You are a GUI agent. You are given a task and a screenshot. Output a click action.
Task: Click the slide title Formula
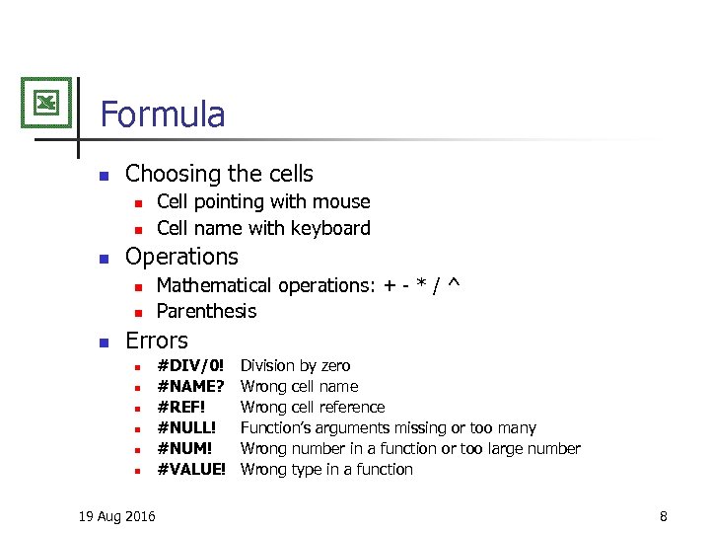163,114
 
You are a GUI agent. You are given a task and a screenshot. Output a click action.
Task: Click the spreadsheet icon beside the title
46,102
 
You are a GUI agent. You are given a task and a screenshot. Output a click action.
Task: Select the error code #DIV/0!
191,366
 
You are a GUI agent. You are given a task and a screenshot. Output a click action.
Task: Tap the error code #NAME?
191,387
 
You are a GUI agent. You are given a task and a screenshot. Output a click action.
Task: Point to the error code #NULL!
186,428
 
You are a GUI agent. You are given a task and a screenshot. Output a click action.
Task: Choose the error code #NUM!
185,449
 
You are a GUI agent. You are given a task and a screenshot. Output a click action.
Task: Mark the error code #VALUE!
192,470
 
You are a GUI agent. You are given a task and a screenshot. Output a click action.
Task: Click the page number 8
664,516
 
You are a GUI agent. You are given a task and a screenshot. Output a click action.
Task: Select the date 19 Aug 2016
116,516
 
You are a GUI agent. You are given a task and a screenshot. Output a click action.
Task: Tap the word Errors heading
157,342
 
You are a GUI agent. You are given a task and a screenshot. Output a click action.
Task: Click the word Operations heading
181,258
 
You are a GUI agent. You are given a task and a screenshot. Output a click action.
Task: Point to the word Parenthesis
207,312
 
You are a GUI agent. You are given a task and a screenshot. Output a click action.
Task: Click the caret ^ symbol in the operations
454,284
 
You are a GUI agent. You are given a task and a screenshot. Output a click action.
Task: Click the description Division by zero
295,366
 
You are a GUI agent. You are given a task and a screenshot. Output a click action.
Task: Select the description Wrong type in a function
326,470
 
